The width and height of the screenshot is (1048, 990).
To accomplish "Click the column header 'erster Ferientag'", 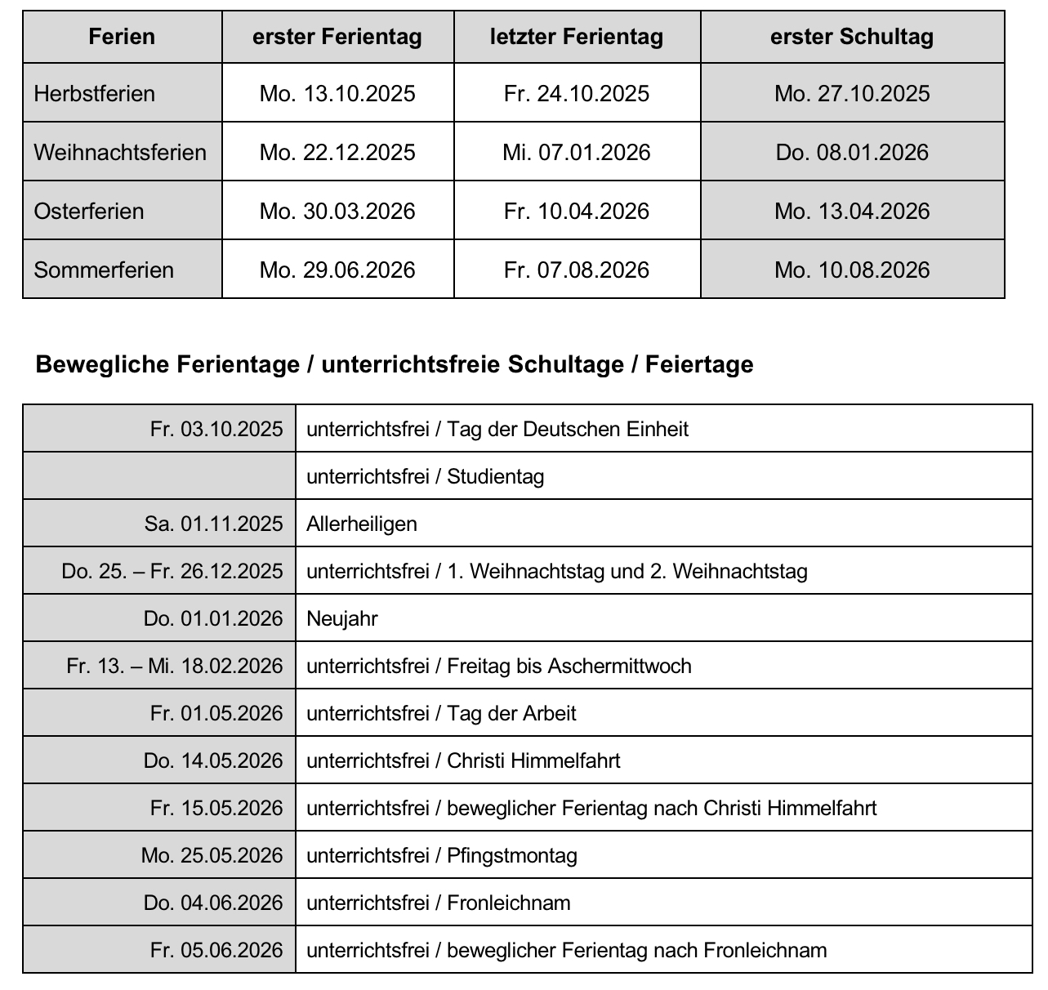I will pos(337,37).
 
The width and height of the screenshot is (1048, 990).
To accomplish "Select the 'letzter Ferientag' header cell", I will pos(577,37).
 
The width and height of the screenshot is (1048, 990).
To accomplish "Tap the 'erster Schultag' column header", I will pos(852,37).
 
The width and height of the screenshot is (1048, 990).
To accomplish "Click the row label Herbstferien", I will pos(94,93).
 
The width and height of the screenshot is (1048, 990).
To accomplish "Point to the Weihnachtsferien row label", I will pos(120,152).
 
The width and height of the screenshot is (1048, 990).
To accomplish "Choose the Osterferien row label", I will pos(88,211).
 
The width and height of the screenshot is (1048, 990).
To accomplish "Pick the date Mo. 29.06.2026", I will pos(337,270).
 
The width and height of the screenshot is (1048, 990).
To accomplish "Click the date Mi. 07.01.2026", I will pos(577,152).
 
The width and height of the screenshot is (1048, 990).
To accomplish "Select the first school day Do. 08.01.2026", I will pos(852,152).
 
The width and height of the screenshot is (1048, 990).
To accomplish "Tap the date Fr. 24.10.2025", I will pos(577,93).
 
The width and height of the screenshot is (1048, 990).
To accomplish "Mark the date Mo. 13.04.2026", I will pos(852,211).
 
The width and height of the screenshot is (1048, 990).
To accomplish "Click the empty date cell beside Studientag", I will pos(159,475).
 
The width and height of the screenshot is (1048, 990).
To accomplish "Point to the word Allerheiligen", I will pos(361,524).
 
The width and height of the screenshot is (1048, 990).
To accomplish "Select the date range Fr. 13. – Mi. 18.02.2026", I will pos(175,666).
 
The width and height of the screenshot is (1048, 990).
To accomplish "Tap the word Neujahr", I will pos(341,618).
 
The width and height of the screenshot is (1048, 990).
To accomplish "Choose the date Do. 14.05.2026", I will pos(213,760).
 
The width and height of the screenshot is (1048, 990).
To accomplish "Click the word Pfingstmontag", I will pos(512,855).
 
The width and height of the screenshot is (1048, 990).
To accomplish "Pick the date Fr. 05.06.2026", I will pos(216,950).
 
